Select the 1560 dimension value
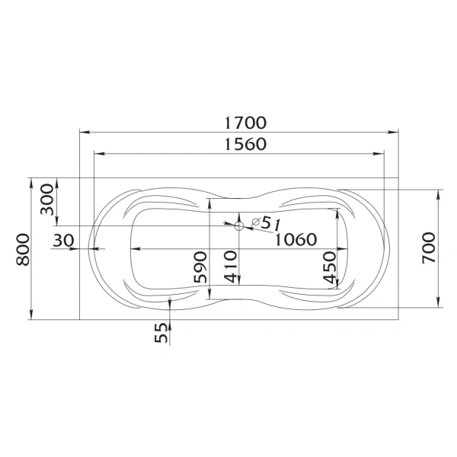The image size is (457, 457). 245,144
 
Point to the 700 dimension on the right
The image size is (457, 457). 429,245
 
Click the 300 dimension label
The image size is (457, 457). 48,200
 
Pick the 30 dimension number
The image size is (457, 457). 64,240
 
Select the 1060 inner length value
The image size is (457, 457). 296,239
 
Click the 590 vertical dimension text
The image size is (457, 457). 200,267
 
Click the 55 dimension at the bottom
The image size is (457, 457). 161,334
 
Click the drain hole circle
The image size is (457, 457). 238,225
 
